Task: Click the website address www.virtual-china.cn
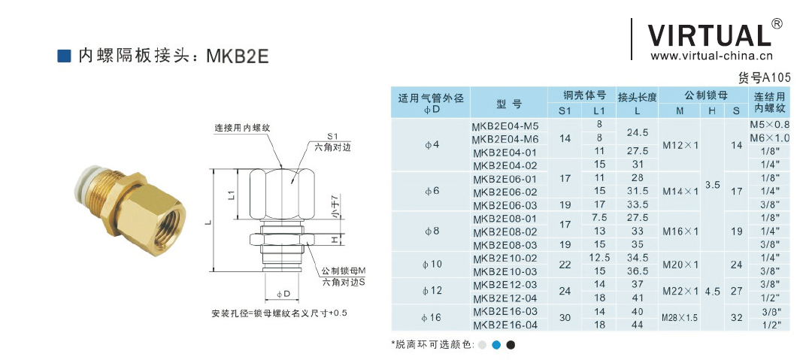point(711,56)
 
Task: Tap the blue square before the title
point(64,56)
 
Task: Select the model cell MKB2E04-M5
point(505,126)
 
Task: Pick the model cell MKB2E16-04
point(505,325)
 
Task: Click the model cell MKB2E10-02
point(505,258)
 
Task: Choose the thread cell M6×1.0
point(769,138)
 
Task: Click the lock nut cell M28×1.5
point(680,318)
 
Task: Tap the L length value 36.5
point(637,271)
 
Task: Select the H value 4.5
point(712,291)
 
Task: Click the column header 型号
point(509,104)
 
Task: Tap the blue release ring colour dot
point(495,345)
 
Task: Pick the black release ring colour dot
point(511,345)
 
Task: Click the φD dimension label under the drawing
point(283,294)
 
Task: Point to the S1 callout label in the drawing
point(332,137)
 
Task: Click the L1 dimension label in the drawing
point(232,195)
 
